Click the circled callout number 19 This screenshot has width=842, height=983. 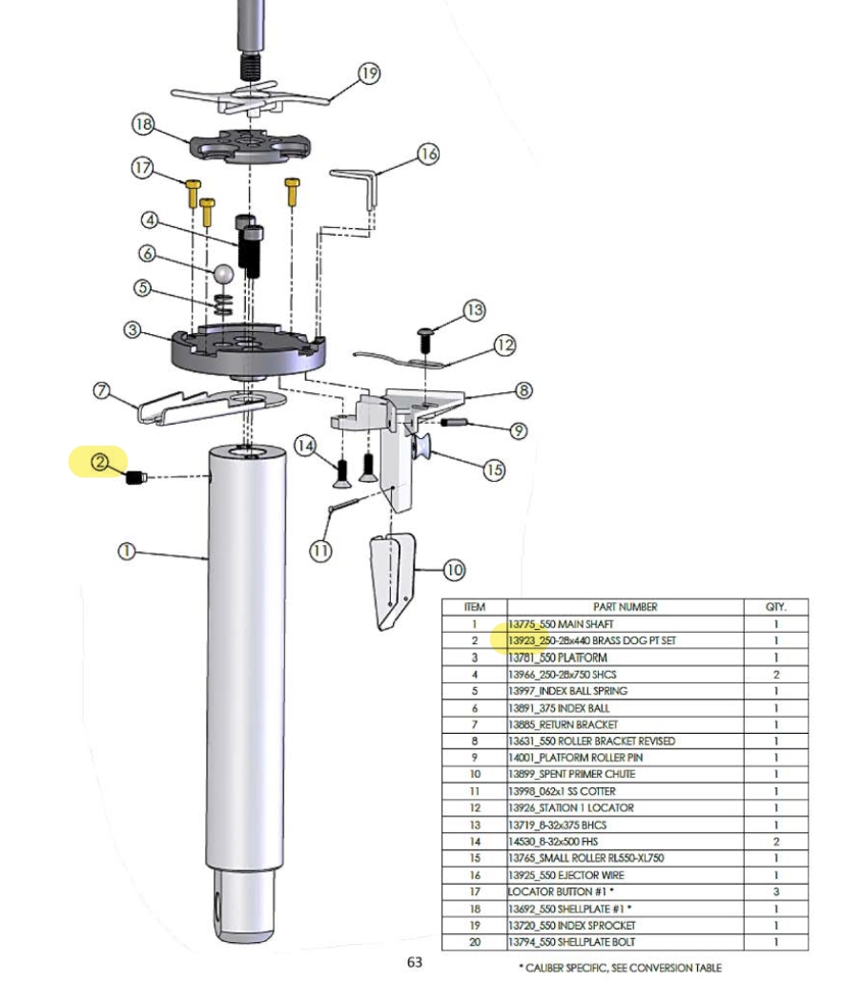369,73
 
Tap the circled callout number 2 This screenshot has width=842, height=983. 100,462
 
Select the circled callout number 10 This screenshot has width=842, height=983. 454,570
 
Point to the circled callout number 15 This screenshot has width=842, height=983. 494,471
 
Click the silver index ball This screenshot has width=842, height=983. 223,274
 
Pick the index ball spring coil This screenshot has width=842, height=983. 223,304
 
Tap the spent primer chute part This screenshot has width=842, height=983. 394,580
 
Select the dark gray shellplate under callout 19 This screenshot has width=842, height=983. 250,145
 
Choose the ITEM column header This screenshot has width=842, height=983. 474,607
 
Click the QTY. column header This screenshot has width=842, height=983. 775,607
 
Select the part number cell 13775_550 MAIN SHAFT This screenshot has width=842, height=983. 561,624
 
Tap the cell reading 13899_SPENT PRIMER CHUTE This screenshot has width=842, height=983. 571,774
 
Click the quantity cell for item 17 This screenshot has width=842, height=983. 776,891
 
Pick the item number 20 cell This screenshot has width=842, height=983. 474,942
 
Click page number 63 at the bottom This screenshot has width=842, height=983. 415,962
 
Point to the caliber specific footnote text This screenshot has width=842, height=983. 620,968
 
